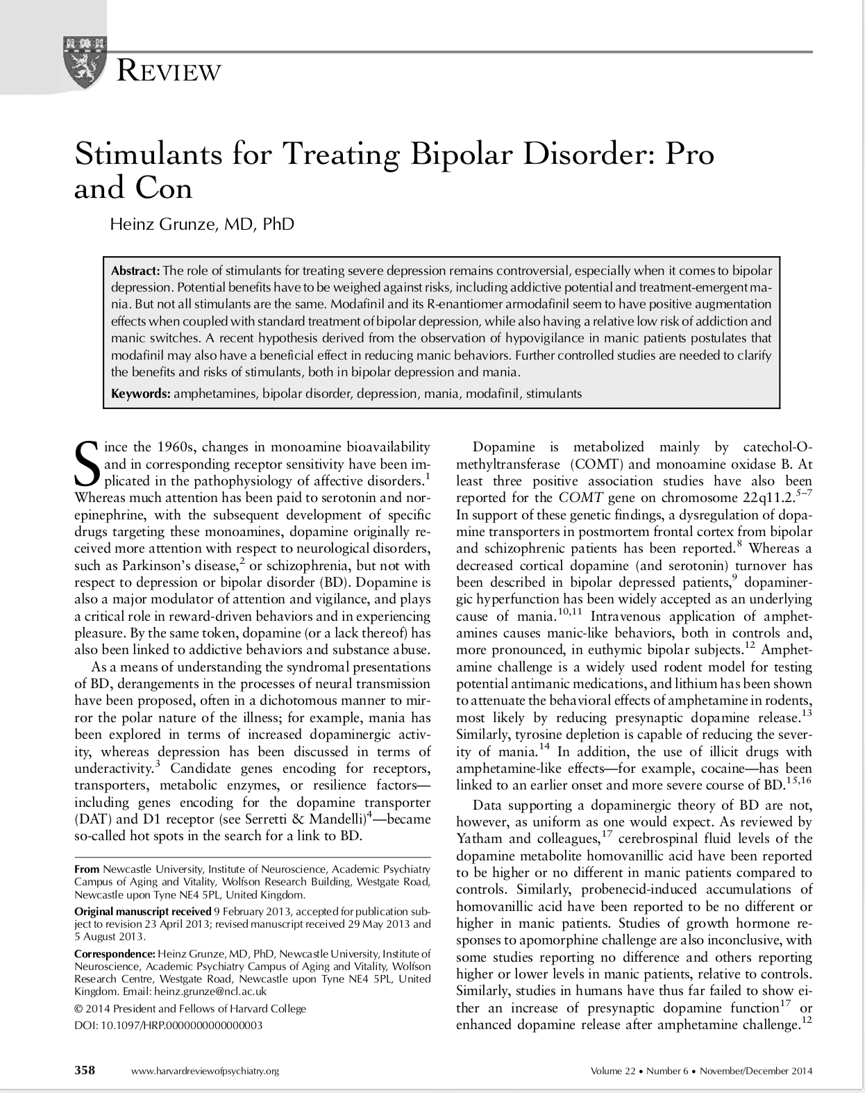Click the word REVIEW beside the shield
coord(170,72)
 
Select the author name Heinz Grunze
coord(202,224)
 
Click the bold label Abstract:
coord(136,270)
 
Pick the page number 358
coord(85,1070)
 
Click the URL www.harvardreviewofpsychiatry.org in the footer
coord(205,1071)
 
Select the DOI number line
coord(169,1025)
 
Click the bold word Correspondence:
coord(115,953)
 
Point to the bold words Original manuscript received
coord(142,911)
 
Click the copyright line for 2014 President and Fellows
coord(190,1008)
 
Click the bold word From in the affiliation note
coord(87,869)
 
